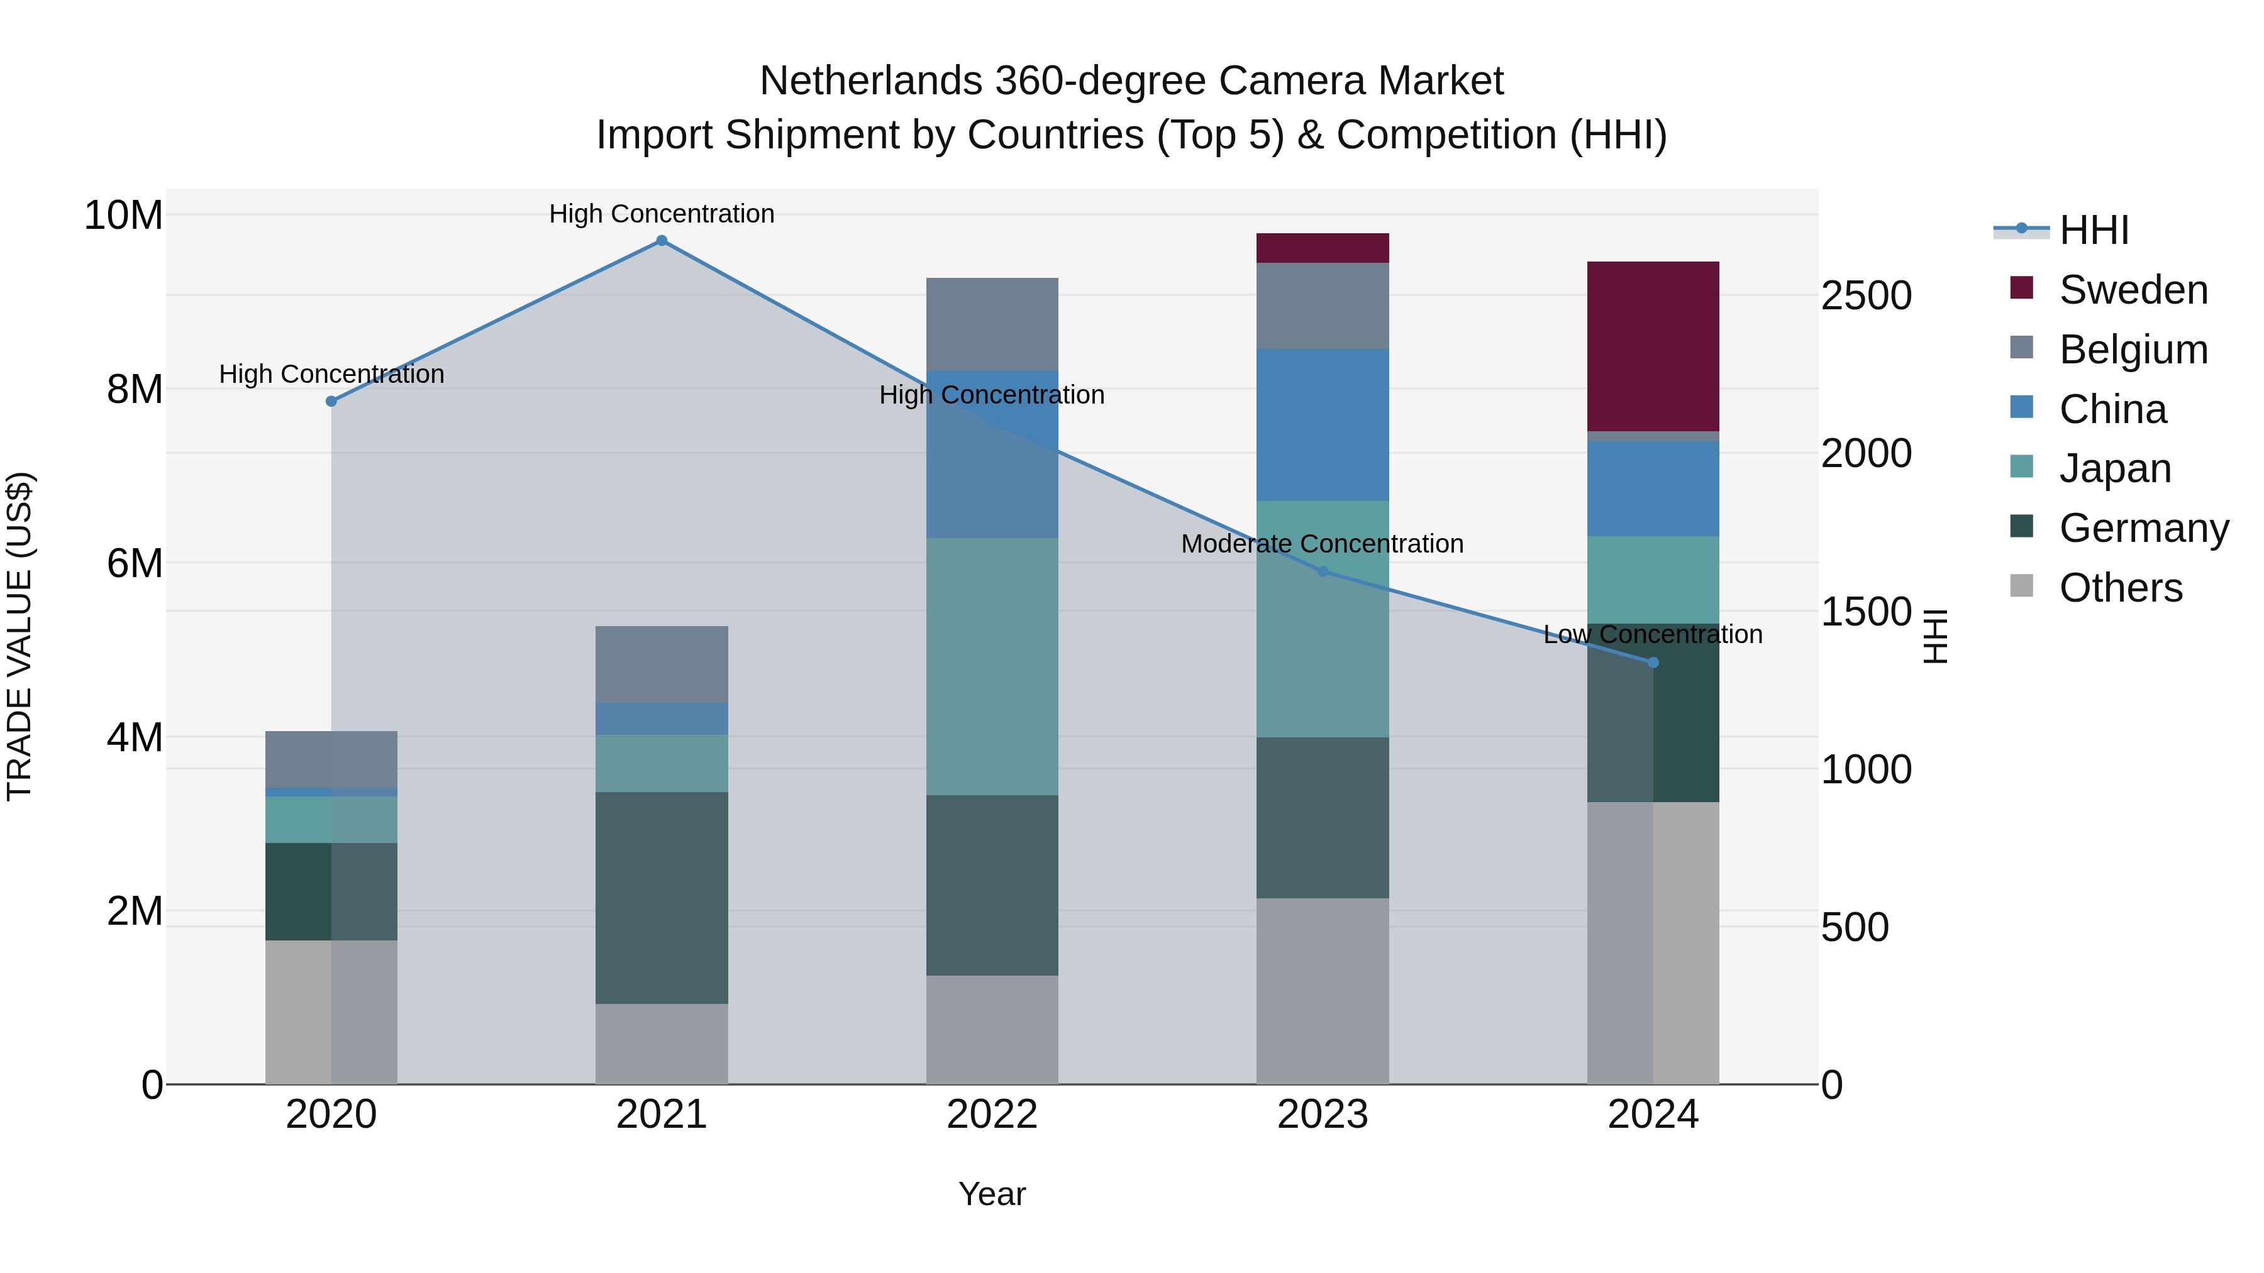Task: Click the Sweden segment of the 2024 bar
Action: pos(1652,346)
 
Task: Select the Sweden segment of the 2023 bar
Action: pos(1322,248)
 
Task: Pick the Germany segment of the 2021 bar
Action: pos(661,897)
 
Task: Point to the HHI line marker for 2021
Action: pos(662,241)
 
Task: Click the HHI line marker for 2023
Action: pos(1323,571)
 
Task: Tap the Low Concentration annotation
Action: pos(1652,634)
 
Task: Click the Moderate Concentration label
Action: pos(1322,544)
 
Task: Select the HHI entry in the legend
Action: pos(2094,230)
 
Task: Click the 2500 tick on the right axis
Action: pos(1866,295)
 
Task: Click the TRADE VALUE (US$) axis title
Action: pos(19,636)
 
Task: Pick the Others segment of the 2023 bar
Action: pos(1322,990)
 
